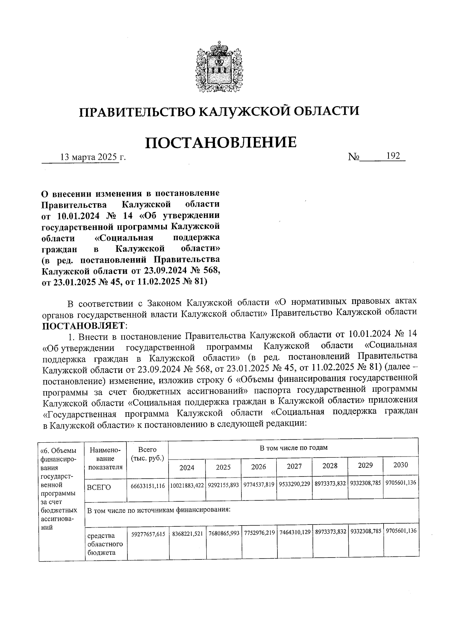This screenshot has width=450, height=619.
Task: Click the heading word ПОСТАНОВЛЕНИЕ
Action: coord(220,142)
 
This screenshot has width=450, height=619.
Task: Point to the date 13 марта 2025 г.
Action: coord(93,157)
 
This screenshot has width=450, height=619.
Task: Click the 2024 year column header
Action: coord(187,467)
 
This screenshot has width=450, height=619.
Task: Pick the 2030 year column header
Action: coord(400,465)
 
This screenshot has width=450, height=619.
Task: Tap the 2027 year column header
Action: coord(294,466)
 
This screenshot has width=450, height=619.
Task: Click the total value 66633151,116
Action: coord(148,486)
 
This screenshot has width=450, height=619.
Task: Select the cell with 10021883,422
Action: coord(187,485)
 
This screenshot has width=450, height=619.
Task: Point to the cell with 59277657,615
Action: coord(148,534)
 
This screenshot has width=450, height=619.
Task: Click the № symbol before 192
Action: coord(354,157)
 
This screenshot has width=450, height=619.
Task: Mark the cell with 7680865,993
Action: coord(223,533)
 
